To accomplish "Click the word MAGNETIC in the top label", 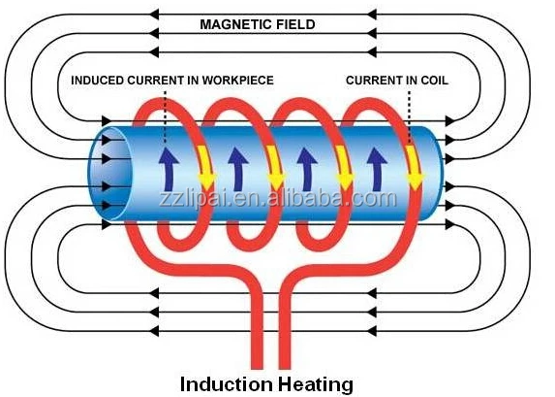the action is coord(236,24).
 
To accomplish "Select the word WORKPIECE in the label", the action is coord(238,81).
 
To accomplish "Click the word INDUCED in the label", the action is coord(97,81).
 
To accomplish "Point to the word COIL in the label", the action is coord(434,81).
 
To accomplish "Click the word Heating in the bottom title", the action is coord(315,384).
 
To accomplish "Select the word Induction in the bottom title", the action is coord(227,383).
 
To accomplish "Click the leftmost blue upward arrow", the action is coord(169,170).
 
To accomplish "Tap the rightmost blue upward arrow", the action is coord(377,170).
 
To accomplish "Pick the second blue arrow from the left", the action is coord(238,170).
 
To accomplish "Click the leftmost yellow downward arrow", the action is coord(205,167).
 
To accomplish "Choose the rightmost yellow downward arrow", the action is coord(414,167).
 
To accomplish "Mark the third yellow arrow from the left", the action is coord(345,167).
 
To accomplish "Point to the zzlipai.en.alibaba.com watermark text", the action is coord(278,199).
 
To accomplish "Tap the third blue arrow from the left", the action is coord(307,170).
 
